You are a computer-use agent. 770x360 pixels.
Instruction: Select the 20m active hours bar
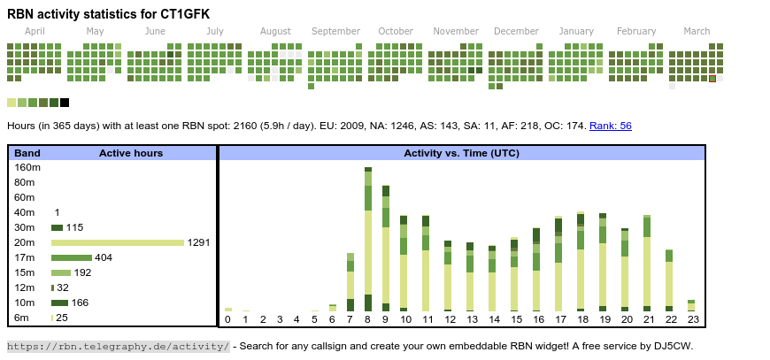tap(118, 242)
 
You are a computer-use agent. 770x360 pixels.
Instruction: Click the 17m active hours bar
tap(72, 257)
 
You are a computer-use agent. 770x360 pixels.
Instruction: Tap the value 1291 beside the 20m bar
tap(198, 242)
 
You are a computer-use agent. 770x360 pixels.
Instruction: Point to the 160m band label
tap(28, 167)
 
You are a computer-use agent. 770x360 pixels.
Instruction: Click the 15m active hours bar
tap(61, 272)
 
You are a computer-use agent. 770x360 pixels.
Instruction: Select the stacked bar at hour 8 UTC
tap(368, 239)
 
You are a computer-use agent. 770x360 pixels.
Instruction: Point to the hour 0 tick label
tap(227, 319)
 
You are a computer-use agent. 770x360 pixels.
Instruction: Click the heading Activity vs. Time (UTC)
tap(461, 153)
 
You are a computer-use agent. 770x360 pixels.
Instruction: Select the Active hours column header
tap(131, 153)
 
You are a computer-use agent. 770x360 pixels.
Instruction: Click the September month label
tap(335, 31)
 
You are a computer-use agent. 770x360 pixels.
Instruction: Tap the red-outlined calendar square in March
tap(712, 79)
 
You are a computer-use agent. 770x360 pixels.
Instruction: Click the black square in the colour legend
tap(65, 103)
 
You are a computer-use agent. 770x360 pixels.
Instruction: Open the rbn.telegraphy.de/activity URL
tap(119, 346)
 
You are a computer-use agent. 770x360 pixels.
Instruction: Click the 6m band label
tap(21, 318)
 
